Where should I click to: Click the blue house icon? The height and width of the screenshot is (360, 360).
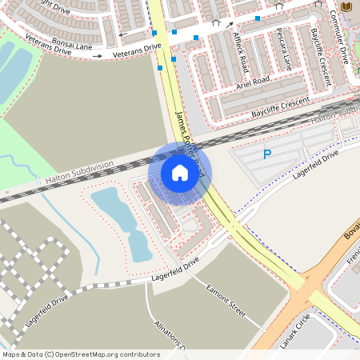click(180, 173)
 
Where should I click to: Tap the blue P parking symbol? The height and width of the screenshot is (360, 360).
click(267, 154)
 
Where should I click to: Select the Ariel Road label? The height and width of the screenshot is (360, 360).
click(254, 82)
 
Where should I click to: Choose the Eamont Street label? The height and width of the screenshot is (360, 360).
click(226, 301)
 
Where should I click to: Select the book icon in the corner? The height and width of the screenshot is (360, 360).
click(346, 6)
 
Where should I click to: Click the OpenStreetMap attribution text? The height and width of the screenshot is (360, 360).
click(81, 354)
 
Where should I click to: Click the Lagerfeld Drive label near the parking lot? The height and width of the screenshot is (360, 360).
click(315, 162)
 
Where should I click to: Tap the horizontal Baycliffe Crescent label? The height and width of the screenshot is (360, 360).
click(280, 108)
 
